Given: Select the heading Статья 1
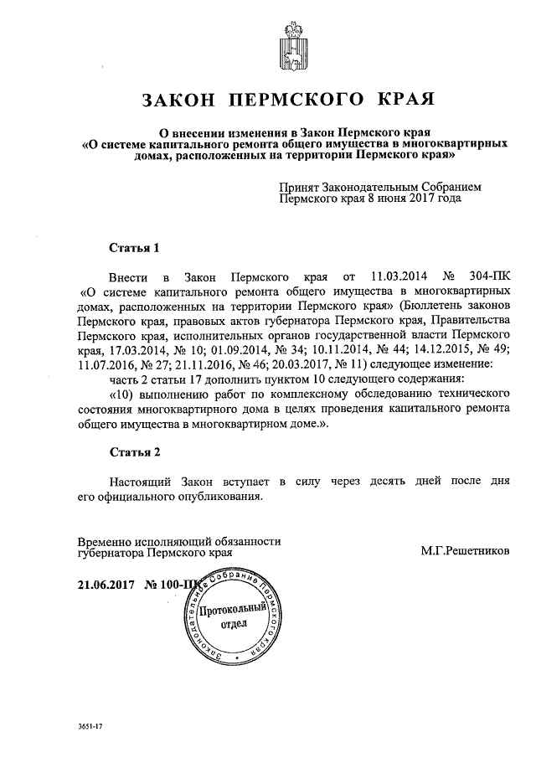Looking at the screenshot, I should [x=134, y=248].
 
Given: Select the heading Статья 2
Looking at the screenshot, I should [x=134, y=452].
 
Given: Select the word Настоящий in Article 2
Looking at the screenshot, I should [x=140, y=482].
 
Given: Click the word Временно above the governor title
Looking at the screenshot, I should [x=106, y=541].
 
